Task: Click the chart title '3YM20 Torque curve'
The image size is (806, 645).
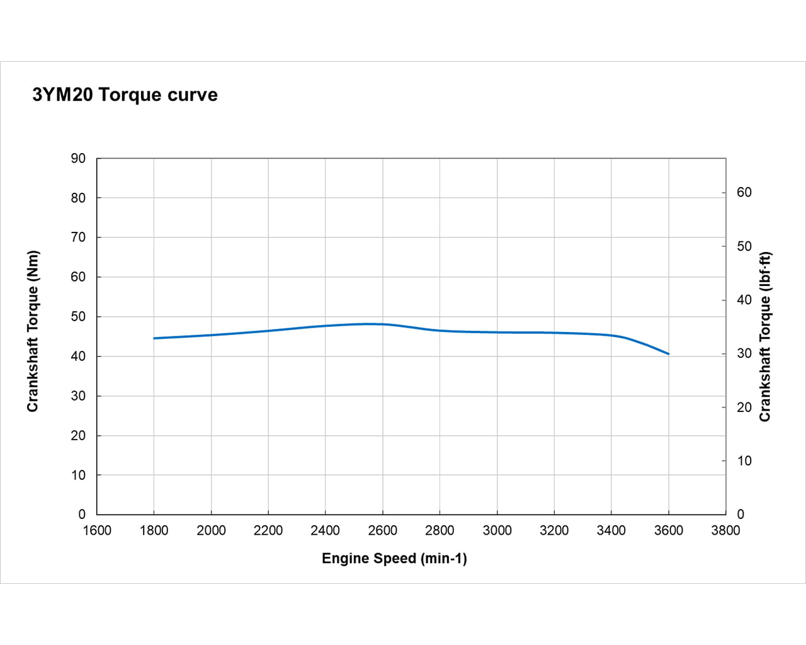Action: click(x=125, y=95)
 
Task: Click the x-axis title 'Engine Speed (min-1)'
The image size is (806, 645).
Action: click(x=394, y=559)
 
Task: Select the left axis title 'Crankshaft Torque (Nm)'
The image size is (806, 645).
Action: click(x=33, y=331)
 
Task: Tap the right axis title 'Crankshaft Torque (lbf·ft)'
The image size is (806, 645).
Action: click(x=765, y=337)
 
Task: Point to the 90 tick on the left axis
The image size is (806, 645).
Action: click(x=78, y=159)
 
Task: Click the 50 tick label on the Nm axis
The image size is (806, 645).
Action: click(x=78, y=317)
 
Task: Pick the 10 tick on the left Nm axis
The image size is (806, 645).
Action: click(x=78, y=476)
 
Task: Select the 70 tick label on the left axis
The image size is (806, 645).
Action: click(x=78, y=237)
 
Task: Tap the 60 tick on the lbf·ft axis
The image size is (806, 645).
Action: click(x=744, y=193)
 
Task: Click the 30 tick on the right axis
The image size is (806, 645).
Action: click(x=744, y=354)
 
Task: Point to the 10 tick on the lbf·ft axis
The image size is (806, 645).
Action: click(x=744, y=461)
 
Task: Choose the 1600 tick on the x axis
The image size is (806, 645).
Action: click(x=97, y=531)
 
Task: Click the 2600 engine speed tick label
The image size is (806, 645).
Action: click(x=382, y=531)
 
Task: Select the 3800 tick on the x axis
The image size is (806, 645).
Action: click(x=725, y=531)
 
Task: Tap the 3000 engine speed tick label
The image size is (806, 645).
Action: click(x=497, y=531)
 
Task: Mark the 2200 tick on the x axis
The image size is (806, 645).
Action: click(x=268, y=531)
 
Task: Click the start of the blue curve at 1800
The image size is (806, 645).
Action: click(x=154, y=338)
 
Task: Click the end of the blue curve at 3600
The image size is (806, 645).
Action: click(x=668, y=354)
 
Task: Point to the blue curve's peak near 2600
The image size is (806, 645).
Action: click(x=368, y=324)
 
